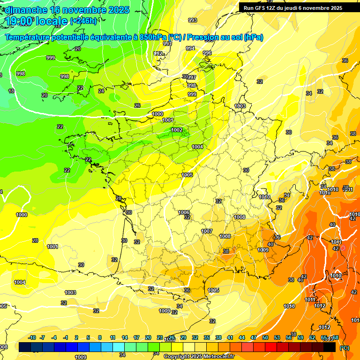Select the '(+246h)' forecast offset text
tap(83, 21)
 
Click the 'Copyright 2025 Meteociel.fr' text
tap(199, 356)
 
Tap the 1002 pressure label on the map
tap(177, 130)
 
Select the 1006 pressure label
tap(184, 212)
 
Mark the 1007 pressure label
tap(207, 231)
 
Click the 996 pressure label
tap(207, 53)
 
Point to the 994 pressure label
tap(190, 48)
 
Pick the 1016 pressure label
tap(289, 306)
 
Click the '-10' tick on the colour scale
tap(32, 337)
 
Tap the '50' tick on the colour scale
tap(265, 337)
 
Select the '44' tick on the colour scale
tap(242, 337)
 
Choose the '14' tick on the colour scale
tap(125, 337)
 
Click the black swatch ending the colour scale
tap(330, 347)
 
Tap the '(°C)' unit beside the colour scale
tap(345, 347)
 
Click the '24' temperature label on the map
tap(101, 91)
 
